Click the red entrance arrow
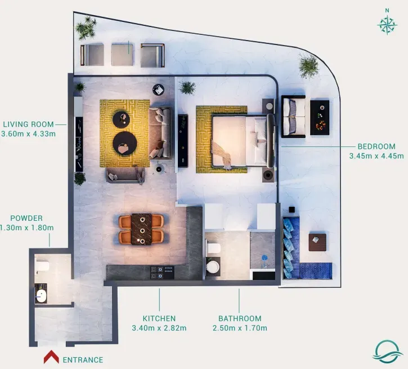(x=51, y=356)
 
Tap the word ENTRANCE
(x=83, y=360)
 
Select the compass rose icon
(x=387, y=25)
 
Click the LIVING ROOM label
(x=28, y=124)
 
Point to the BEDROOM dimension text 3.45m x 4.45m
(x=376, y=156)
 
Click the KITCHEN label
(x=159, y=318)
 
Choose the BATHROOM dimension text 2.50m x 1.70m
(x=240, y=328)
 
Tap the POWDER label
(x=26, y=218)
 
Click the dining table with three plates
(x=141, y=229)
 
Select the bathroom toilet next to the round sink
(x=213, y=248)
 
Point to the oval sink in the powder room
(x=41, y=296)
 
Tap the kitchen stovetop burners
(x=163, y=273)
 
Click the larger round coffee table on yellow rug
(x=125, y=144)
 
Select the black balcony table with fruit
(x=320, y=118)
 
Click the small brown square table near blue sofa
(x=317, y=242)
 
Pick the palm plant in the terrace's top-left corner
(x=86, y=28)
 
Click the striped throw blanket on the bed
(x=222, y=155)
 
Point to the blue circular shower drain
(x=264, y=258)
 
